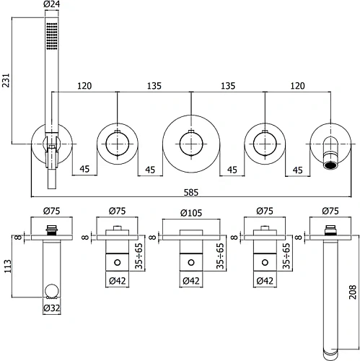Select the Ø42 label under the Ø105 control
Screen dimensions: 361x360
point(190,282)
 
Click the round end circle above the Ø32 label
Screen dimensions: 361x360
point(51,292)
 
